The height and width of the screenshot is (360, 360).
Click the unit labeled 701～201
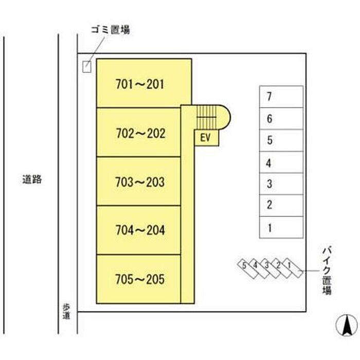(144, 83)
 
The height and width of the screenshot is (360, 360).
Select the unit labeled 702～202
(139, 132)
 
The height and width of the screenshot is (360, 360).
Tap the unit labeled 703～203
(139, 182)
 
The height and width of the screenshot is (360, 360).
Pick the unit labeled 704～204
(139, 230)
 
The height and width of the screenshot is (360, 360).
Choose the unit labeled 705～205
(139, 279)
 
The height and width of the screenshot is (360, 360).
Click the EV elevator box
(206, 138)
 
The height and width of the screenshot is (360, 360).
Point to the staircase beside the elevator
(212, 117)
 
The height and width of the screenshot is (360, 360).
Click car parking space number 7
(281, 97)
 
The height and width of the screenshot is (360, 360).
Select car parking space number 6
(281, 118)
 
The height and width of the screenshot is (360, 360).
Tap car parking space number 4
(281, 162)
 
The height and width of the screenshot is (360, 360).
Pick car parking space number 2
(281, 206)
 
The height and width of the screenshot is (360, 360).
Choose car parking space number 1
(281, 227)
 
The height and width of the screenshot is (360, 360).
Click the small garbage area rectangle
(87, 67)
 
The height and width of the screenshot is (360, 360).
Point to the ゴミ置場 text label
(111, 30)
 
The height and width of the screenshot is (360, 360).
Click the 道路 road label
(32, 179)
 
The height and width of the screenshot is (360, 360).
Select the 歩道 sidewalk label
(66, 312)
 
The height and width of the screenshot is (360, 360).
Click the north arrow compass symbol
(347, 325)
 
